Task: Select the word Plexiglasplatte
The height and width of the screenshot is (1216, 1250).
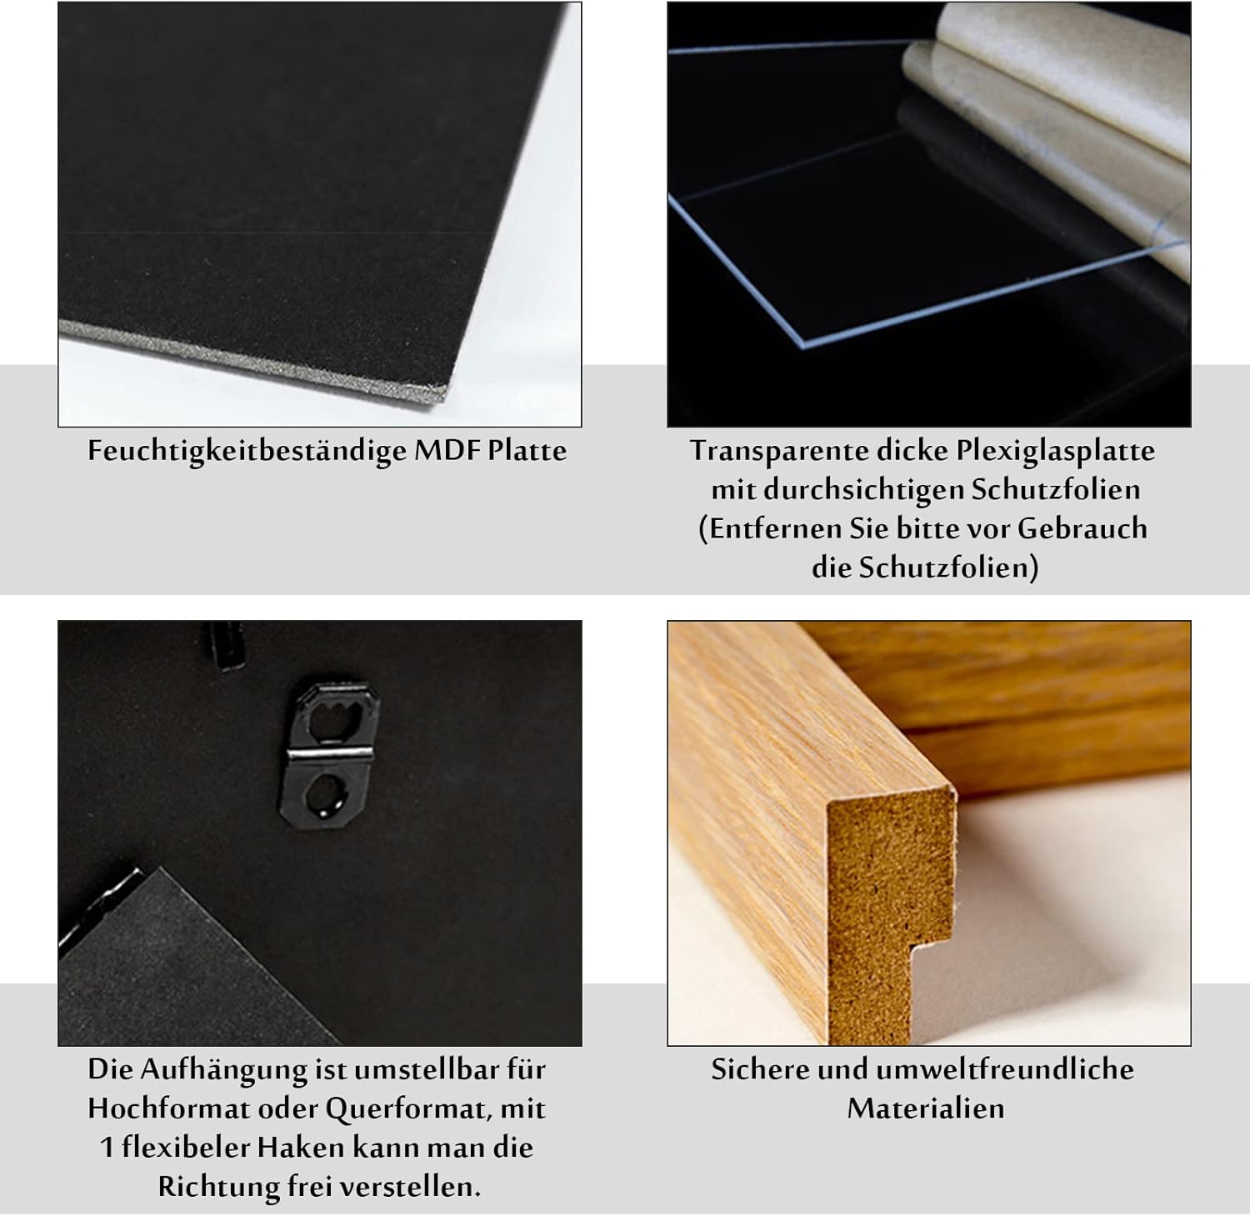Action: [x=1055, y=451]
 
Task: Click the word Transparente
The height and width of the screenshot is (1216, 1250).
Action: [x=778, y=451]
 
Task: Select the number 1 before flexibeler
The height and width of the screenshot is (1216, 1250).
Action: [x=107, y=1148]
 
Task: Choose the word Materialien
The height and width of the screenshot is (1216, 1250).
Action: [x=925, y=1108]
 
